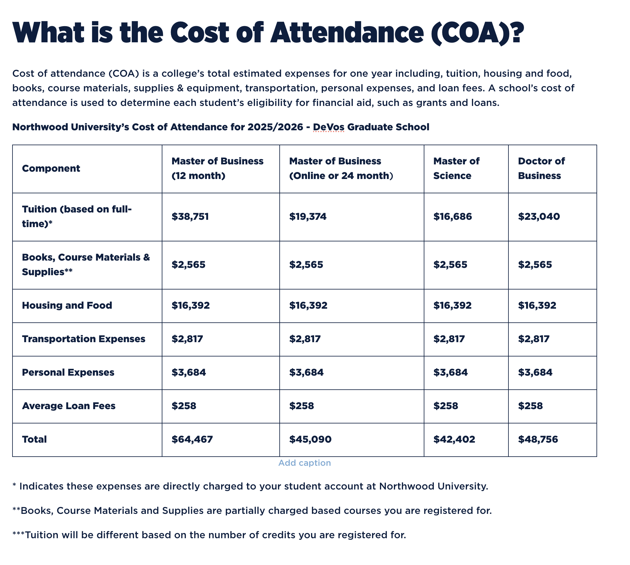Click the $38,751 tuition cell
pos(190,216)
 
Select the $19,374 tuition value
pos(308,216)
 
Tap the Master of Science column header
pos(456,168)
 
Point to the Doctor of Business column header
pos(541,168)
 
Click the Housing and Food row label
pos(67,305)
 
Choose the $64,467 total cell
pos(192,439)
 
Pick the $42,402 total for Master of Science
pos(454,439)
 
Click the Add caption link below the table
pos(304,463)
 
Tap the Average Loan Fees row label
pos(69,406)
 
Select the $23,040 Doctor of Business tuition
pos(539,216)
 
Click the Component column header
pos(51,168)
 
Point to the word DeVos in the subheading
pos(328,127)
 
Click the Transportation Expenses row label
pos(83,339)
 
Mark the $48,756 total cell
pos(538,439)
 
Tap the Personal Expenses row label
pos(68,372)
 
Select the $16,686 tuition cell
pos(452,216)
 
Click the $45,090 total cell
pos(310,439)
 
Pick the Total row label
pos(34,439)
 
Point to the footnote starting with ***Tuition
pos(209,535)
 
